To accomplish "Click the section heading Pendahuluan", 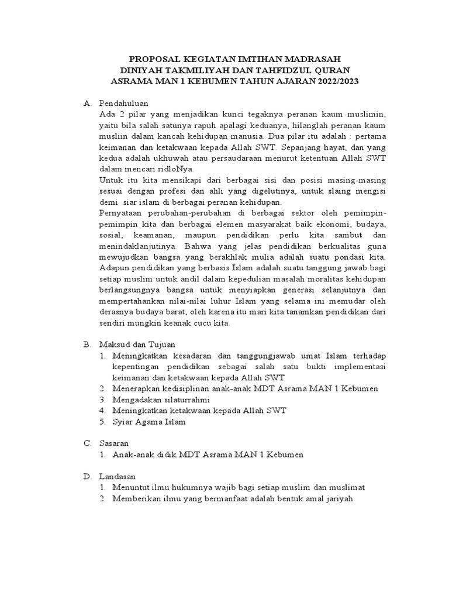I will tap(125, 104).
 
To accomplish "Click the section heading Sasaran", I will tap(113, 443).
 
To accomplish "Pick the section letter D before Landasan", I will tap(87, 477).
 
